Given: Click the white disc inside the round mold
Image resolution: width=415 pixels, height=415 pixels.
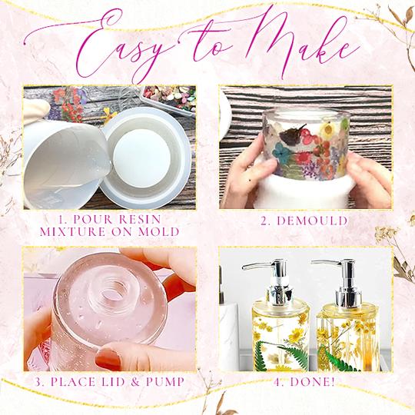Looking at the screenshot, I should pyautogui.click(x=153, y=161).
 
